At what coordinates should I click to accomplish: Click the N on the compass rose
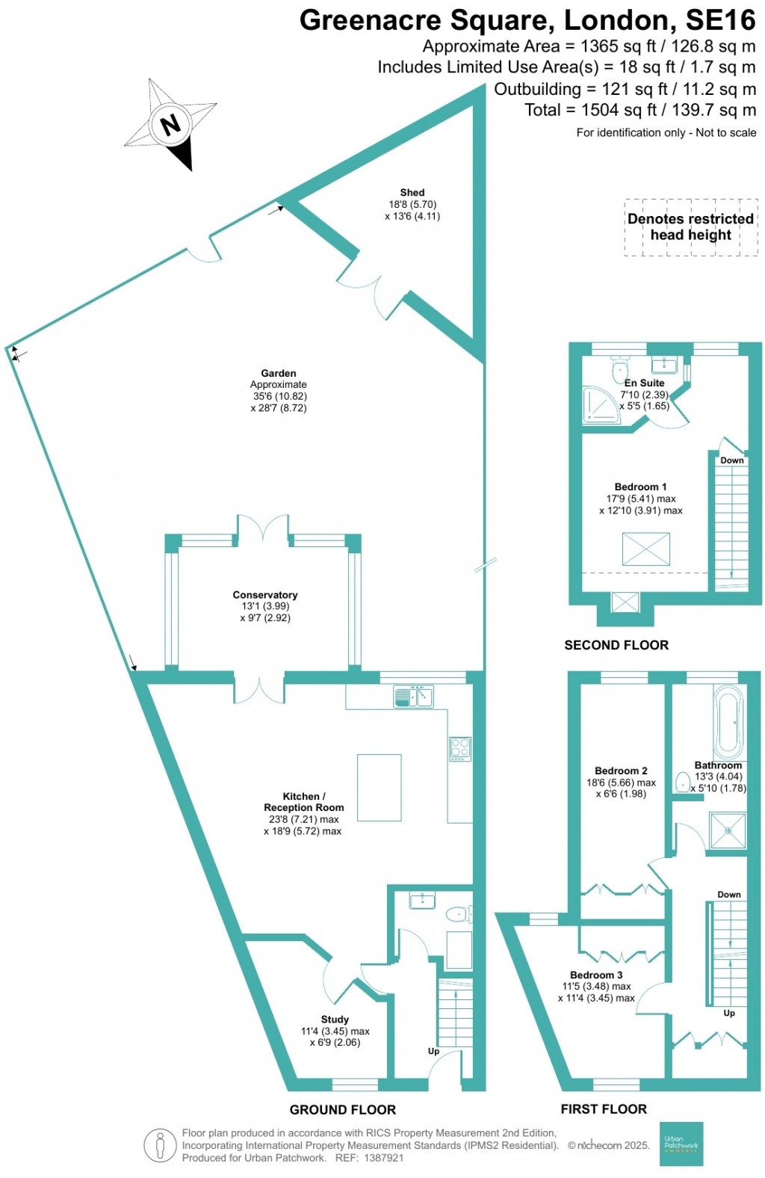click(x=171, y=124)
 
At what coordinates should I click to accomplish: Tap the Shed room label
click(x=412, y=193)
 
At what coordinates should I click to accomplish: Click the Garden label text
click(x=279, y=373)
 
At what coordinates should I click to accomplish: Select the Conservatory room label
click(x=265, y=595)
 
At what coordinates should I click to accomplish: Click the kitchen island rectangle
click(x=379, y=787)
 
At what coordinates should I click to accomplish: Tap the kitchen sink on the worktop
click(x=413, y=697)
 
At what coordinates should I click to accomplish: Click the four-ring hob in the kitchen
click(x=460, y=748)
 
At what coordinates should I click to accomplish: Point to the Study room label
click(x=335, y=1020)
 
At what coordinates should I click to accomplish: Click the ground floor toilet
click(x=457, y=914)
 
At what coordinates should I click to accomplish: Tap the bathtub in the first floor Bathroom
click(x=728, y=722)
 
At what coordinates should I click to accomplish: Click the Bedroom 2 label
click(x=621, y=771)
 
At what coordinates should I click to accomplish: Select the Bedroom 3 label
click(x=596, y=975)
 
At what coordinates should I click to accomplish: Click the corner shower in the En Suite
click(x=599, y=405)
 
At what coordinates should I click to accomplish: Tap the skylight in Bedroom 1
click(x=646, y=549)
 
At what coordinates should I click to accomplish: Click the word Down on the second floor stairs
click(x=731, y=460)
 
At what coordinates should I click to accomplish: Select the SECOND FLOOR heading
click(x=616, y=645)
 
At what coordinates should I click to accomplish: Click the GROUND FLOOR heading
click(x=343, y=1110)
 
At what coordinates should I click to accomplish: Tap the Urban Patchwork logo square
click(x=681, y=1144)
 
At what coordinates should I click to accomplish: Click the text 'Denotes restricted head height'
click(x=690, y=226)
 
